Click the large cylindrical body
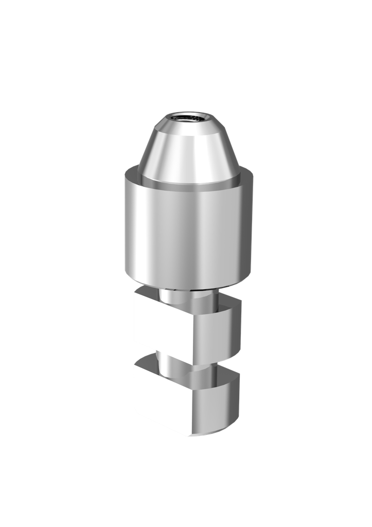click(x=188, y=226)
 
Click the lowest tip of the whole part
click(x=188, y=437)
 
